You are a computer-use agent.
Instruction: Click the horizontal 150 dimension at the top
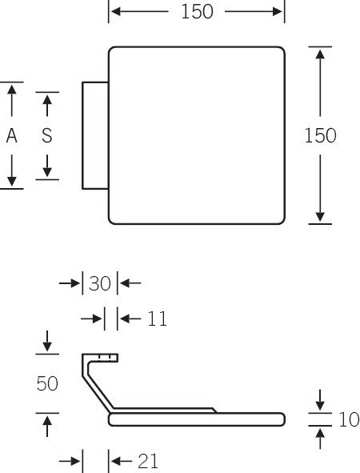197,12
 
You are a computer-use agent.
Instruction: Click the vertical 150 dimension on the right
320,135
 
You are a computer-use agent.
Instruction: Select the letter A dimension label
12,135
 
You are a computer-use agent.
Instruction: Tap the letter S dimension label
47,135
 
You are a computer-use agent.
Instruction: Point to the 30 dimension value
100,283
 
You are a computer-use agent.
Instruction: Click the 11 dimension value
157,319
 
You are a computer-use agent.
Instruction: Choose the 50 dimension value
47,383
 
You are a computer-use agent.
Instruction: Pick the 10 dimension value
349,419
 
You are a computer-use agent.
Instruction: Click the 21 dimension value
148,461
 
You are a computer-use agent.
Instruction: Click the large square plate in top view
197,135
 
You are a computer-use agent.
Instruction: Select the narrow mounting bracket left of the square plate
95,135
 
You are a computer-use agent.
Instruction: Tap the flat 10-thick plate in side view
197,419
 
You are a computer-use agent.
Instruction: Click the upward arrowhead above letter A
12,90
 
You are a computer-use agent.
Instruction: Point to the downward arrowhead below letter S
47,172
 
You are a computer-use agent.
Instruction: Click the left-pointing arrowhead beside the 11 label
125,319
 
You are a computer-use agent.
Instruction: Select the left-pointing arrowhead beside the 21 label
116,461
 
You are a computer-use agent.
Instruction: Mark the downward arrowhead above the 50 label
47,347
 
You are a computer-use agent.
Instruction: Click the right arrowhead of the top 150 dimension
278,12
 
